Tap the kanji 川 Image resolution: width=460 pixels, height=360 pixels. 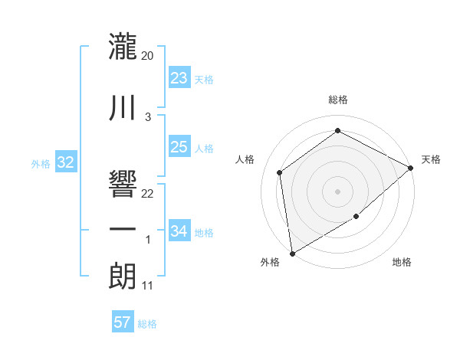click(x=123, y=106)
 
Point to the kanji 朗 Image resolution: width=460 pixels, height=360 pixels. click(x=123, y=277)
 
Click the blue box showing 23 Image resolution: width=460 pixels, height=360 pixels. click(x=179, y=78)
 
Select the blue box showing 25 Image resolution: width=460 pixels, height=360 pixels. click(x=179, y=147)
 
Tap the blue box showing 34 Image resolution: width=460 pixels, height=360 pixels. click(x=179, y=231)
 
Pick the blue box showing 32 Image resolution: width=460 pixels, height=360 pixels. click(x=66, y=162)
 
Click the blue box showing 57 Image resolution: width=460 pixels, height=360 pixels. click(x=123, y=322)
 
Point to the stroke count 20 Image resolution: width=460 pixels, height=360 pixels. click(x=148, y=56)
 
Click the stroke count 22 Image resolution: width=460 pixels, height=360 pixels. click(x=148, y=193)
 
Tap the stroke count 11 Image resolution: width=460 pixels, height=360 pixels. click(x=148, y=286)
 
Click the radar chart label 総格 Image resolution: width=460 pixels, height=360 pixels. click(x=337, y=100)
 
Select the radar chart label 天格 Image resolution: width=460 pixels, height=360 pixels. click(x=431, y=159)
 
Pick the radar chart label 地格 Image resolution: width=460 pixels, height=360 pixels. click(x=402, y=263)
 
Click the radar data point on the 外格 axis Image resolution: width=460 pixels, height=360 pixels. click(x=292, y=253)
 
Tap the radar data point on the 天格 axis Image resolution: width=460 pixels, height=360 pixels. click(x=411, y=168)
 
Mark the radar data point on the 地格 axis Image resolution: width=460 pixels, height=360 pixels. click(x=356, y=217)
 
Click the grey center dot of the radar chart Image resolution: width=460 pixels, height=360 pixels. click(x=337, y=191)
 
